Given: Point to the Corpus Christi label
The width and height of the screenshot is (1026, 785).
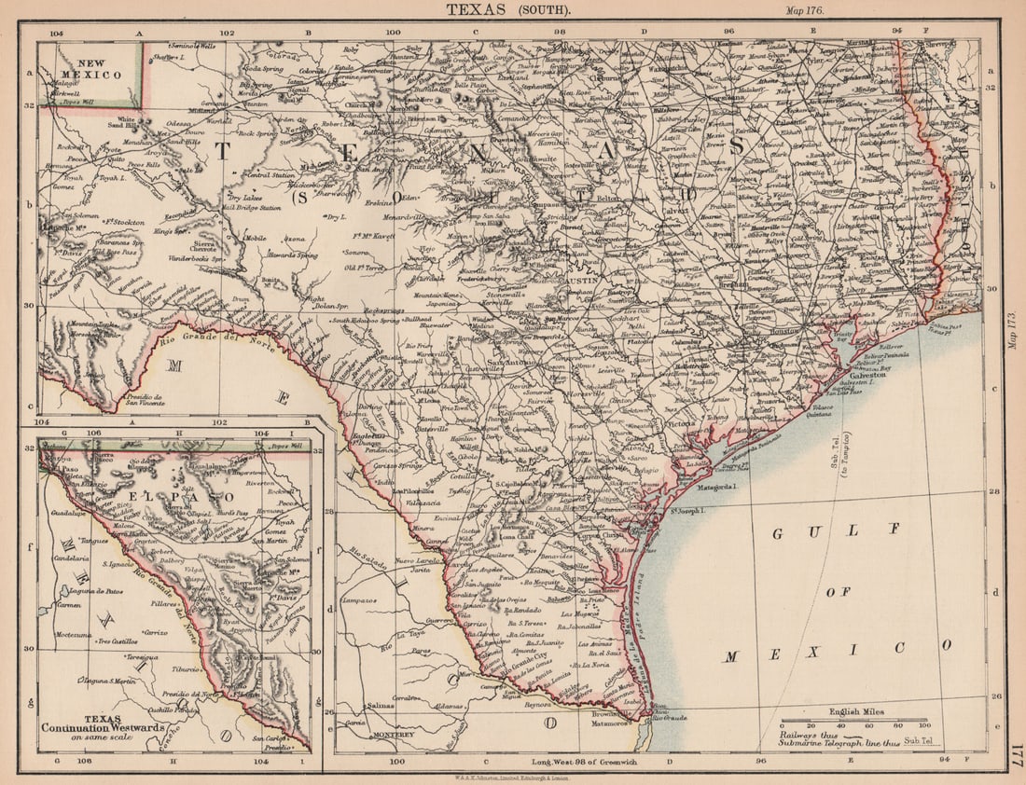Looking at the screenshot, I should click(601, 537).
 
